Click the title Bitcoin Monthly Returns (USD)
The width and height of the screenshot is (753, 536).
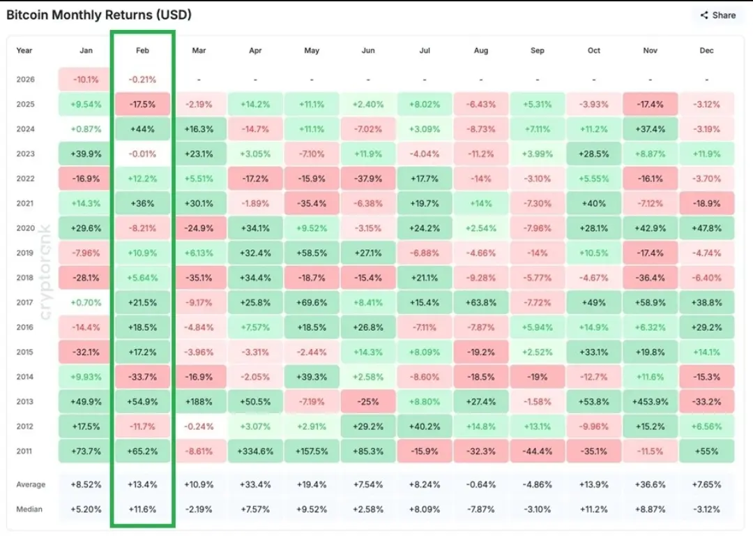[99, 15]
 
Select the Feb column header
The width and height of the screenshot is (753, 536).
[142, 50]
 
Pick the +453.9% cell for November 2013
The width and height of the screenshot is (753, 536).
[651, 401]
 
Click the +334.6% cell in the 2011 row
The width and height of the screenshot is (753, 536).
[255, 451]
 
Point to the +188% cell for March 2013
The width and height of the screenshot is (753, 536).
[199, 401]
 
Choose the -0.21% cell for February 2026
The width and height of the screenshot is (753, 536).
[142, 80]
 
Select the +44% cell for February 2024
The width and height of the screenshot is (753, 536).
[142, 129]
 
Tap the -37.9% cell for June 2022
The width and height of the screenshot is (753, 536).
[368, 179]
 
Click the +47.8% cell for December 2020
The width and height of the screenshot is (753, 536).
[707, 228]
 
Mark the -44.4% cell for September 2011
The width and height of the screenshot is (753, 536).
[538, 451]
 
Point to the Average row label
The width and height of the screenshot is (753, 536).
[31, 484]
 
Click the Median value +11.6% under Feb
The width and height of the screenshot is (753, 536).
[142, 509]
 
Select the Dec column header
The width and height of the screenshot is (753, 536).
[707, 50]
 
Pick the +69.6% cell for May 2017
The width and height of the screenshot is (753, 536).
[312, 302]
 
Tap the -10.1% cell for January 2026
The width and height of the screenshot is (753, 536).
[86, 80]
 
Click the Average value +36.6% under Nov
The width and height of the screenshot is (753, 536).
[651, 484]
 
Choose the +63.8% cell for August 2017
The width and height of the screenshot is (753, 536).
[481, 302]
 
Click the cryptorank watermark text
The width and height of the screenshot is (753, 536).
[46, 272]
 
